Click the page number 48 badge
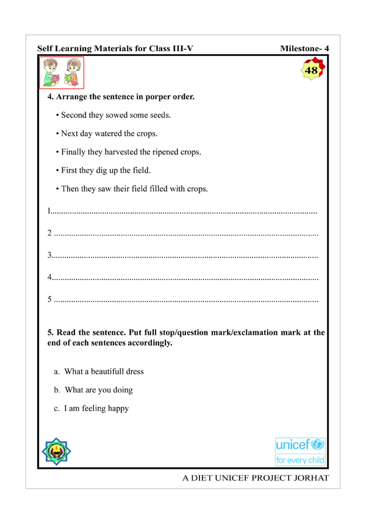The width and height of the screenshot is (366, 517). [311, 71]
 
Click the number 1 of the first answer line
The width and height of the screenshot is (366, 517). [49, 212]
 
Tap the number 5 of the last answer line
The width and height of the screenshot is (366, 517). [49, 300]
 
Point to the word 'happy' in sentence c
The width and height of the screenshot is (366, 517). [115, 408]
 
